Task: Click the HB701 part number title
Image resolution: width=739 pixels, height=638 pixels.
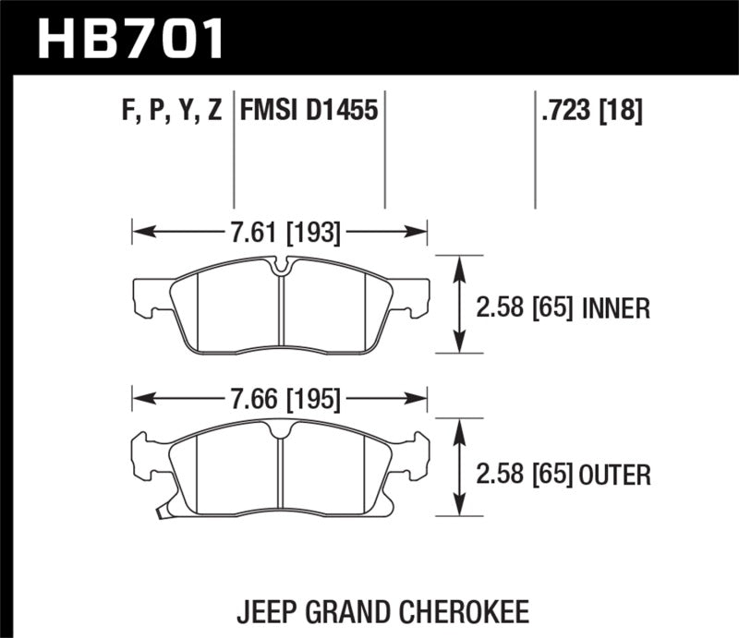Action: tap(129, 39)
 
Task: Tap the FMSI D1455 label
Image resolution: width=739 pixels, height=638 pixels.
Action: tap(309, 112)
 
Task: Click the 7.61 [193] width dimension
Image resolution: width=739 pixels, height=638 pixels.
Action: tap(281, 234)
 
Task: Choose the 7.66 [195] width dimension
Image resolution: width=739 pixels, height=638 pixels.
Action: tap(281, 400)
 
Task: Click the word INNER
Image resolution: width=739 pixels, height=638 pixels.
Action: tap(617, 308)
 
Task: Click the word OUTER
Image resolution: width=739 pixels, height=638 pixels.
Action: tap(616, 475)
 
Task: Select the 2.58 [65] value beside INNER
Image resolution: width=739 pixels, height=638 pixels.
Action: tap(527, 308)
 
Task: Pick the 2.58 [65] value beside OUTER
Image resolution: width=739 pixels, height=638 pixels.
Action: tap(527, 475)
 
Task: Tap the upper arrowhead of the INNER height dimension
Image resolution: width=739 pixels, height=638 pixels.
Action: tap(459, 264)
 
